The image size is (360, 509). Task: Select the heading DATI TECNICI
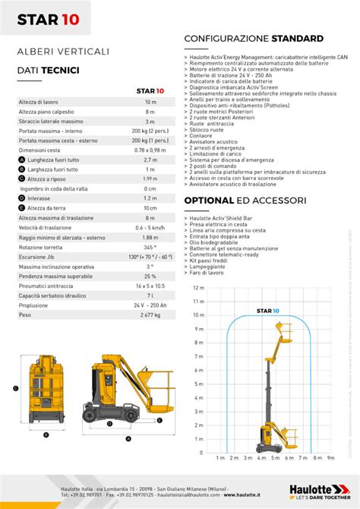point(44,69)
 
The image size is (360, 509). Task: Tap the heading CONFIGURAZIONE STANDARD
point(254,38)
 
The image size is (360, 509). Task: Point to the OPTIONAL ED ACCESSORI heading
point(245,201)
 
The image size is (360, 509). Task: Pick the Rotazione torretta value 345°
point(150,247)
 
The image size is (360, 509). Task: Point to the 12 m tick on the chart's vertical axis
point(198,288)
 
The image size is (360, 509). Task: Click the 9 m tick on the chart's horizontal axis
point(330,458)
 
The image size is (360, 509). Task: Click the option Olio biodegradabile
point(215,242)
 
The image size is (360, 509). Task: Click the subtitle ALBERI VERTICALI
point(63,51)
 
